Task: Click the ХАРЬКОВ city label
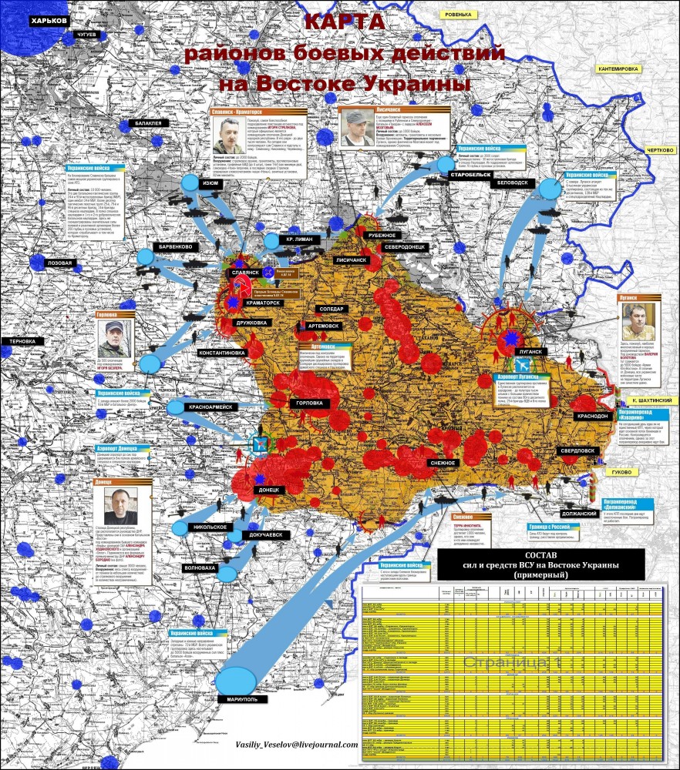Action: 50,21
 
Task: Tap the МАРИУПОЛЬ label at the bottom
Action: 242,699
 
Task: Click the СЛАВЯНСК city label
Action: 244,273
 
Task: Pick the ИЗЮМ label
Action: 210,183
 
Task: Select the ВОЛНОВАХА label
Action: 199,567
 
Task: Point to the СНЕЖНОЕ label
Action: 443,463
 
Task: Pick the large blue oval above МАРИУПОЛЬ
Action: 236,680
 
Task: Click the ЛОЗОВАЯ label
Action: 59,263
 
